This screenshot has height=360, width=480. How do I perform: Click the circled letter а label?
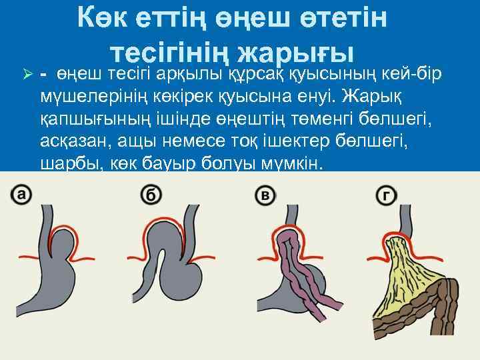21,195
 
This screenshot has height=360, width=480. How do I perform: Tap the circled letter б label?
151,195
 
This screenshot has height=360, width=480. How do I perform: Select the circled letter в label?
265,195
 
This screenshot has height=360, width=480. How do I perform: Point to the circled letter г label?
386,195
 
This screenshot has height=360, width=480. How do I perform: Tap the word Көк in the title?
102,18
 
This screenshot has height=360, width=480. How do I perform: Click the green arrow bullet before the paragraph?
27,74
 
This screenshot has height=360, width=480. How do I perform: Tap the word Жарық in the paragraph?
371,97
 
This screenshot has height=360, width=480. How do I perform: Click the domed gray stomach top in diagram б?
164,236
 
